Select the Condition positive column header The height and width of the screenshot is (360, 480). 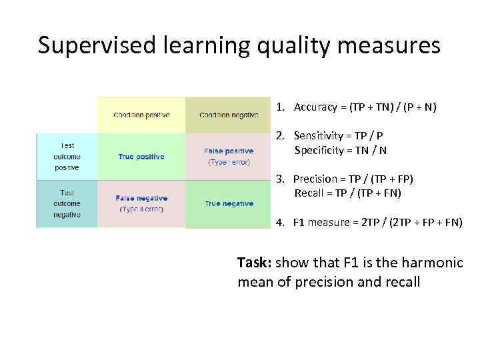pyautogui.click(x=141, y=115)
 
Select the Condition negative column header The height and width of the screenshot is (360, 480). pyautogui.click(x=229, y=115)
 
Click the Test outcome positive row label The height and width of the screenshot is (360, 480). pyautogui.click(x=67, y=157)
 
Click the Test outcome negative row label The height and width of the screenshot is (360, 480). pyautogui.click(x=67, y=203)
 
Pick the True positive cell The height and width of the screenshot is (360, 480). pyautogui.click(x=141, y=157)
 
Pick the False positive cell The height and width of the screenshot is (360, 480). pyautogui.click(x=229, y=156)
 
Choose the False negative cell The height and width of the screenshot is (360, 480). pyautogui.click(x=141, y=203)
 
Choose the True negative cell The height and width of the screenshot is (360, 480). pyautogui.click(x=229, y=203)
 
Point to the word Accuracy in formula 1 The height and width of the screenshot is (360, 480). pyautogui.click(x=315, y=107)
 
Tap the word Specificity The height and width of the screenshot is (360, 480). pyautogui.click(x=317, y=150)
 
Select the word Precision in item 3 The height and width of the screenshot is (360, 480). pyautogui.click(x=315, y=179)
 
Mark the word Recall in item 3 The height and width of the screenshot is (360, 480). pyautogui.click(x=308, y=193)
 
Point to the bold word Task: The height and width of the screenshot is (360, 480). pyautogui.click(x=255, y=263)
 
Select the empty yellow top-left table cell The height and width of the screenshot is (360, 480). pyautogui.click(x=67, y=115)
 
